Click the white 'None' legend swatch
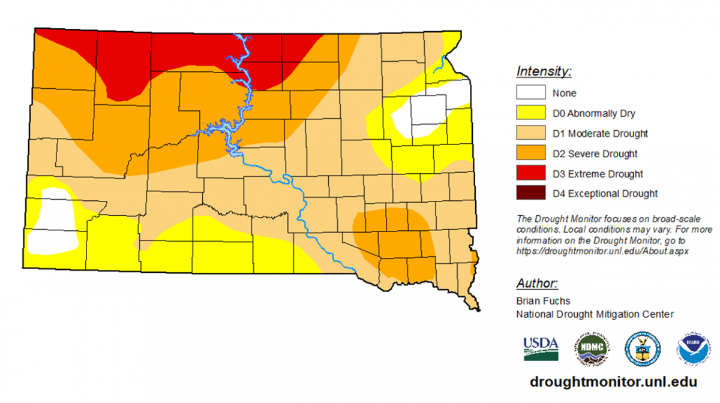pos(531,92)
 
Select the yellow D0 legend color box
pos(531,113)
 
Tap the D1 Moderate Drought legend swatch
pos(531,133)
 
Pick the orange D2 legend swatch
pos(531,154)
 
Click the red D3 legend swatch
pos(531,174)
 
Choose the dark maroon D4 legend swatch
pos(531,193)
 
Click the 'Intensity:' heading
pos(544,72)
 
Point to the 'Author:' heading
pos(537,283)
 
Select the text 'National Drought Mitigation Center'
pos(595,314)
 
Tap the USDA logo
pos(541,348)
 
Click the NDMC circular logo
pos(591,348)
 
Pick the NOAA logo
pos(694,348)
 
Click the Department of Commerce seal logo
pos(643,348)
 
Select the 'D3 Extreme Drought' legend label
pos(598,174)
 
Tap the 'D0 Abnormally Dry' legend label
pos(593,113)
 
